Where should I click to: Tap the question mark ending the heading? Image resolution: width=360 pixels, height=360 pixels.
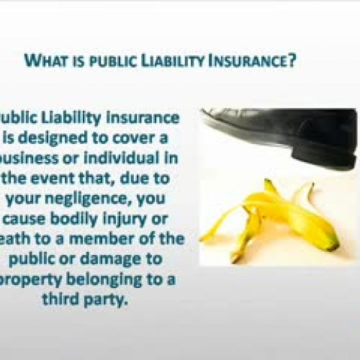pos(295,61)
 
